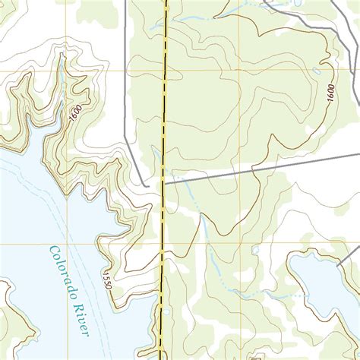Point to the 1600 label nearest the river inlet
pyautogui.click(x=74, y=112)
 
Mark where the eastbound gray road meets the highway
pyautogui.click(x=163, y=182)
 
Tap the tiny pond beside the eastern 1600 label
pyautogui.click(x=316, y=71)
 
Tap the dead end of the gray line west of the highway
pyautogui.click(x=146, y=185)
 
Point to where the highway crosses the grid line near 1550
pyautogui.click(x=163, y=246)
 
